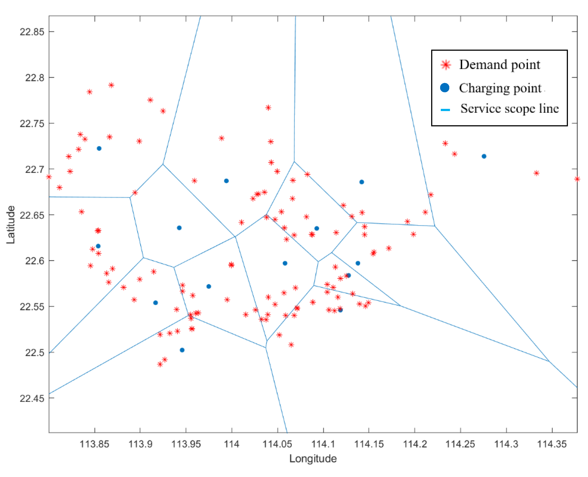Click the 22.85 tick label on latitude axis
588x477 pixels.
[x=32, y=32]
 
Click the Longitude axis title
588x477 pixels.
[x=313, y=459]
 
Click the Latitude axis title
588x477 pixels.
[x=11, y=225]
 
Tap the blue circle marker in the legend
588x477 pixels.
[x=445, y=88]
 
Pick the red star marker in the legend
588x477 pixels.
[x=446, y=65]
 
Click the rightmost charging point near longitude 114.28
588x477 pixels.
[x=484, y=156]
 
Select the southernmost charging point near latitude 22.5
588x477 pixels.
[x=182, y=350]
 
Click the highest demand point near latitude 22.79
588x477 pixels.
[x=111, y=85]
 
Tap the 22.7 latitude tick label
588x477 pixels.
[x=34, y=169]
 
